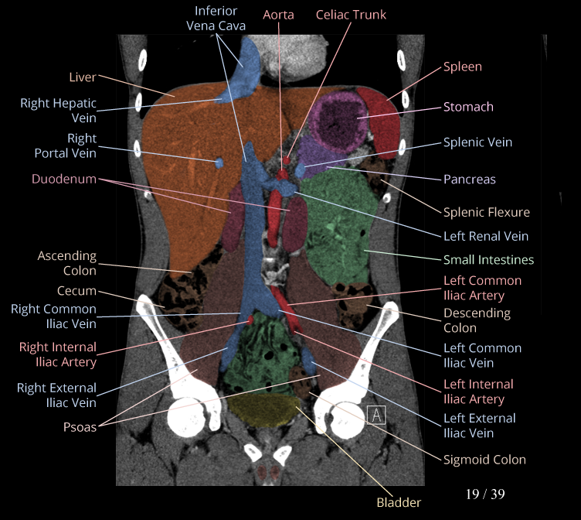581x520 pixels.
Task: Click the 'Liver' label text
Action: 82,77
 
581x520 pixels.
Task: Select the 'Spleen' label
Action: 462,67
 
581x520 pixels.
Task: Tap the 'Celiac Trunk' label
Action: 351,15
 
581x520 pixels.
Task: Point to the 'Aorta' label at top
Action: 278,15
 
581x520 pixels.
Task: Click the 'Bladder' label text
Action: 399,502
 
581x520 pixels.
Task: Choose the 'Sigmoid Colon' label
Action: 484,460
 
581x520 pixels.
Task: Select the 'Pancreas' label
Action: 469,180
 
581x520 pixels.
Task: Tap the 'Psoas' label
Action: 80,426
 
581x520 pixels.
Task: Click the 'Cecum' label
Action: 76,292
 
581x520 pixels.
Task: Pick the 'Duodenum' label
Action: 64,180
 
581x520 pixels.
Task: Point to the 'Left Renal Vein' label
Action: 486,236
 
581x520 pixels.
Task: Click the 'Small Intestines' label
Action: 488,260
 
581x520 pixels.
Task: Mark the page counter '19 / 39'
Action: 485,494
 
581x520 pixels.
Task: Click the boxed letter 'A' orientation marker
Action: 376,415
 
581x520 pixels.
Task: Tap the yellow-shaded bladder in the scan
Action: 263,409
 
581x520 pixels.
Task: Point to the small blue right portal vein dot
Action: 219,162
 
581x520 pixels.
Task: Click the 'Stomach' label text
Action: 468,107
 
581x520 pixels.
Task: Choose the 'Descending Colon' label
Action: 477,320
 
